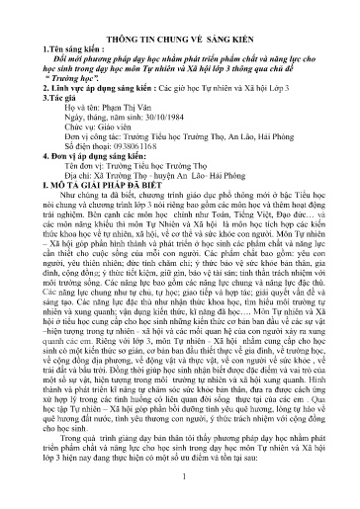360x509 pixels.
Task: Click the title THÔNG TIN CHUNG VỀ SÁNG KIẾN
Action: (x=180, y=34)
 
